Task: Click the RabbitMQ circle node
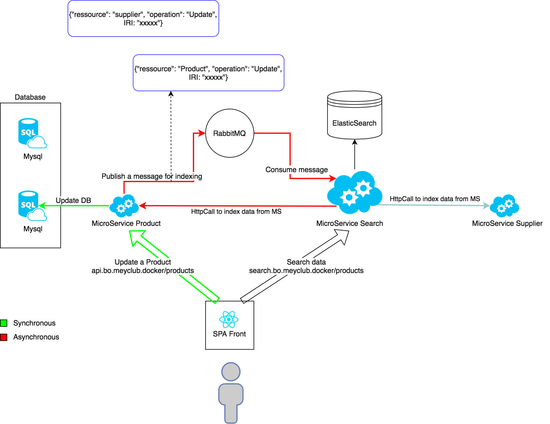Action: tap(229, 133)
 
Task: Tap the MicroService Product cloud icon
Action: tap(124, 206)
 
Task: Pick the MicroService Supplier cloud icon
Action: tap(504, 206)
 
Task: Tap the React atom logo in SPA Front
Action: tap(229, 319)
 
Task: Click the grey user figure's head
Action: tap(231, 372)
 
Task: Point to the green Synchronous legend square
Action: tap(4, 323)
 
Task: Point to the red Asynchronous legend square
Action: tap(4, 337)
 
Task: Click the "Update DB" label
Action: tap(73, 200)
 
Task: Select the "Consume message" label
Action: tap(296, 170)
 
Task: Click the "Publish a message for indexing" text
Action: tap(152, 176)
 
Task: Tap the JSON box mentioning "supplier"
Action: tap(143, 19)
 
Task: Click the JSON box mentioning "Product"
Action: tap(208, 73)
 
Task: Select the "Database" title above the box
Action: tap(30, 97)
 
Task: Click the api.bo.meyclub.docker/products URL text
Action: tap(143, 270)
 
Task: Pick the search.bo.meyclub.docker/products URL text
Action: tap(306, 270)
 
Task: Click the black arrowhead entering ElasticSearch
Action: tap(355, 142)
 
